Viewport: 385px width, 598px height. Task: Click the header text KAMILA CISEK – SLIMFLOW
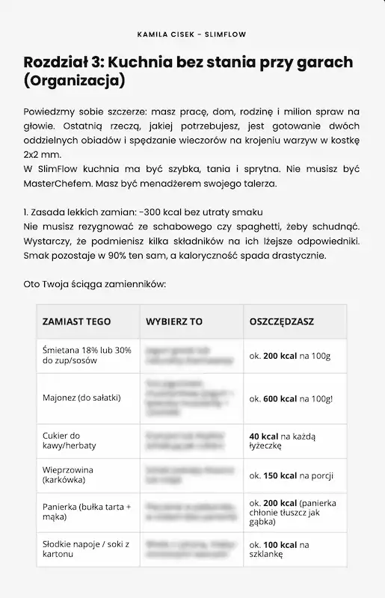coord(192,34)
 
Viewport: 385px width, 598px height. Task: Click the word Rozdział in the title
coord(56,62)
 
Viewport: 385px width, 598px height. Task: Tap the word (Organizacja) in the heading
coord(74,80)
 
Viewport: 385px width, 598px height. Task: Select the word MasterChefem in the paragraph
coord(58,182)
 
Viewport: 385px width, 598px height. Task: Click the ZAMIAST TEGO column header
coord(76,321)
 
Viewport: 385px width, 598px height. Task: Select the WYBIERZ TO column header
coord(174,321)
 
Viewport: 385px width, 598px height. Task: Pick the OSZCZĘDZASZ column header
coord(281,321)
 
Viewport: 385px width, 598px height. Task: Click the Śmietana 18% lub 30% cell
coord(86,355)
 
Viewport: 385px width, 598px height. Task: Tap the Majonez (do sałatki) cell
coord(81,398)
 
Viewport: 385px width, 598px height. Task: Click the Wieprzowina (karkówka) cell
coord(68,475)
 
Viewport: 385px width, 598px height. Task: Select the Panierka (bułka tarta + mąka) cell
coord(86,512)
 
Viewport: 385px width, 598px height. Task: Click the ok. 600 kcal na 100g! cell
coord(291,398)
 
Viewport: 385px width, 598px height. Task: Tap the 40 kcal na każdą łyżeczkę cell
coord(277,440)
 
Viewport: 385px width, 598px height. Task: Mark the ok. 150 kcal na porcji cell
coord(291,475)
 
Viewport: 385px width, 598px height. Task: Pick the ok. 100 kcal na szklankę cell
coord(279,549)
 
